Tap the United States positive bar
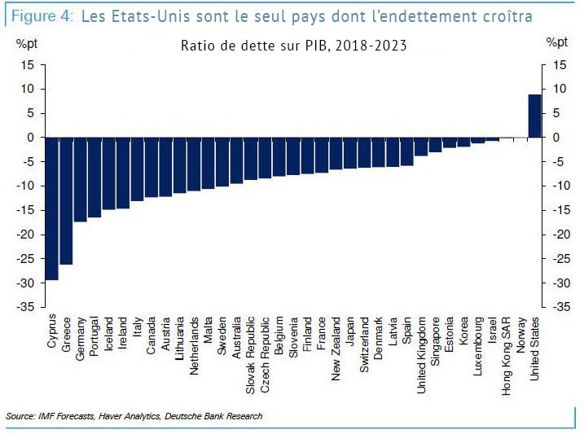tap(534, 116)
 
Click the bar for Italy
tap(137, 169)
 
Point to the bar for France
tap(322, 155)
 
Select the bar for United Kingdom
tap(421, 147)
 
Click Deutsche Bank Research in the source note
tap(214, 417)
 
